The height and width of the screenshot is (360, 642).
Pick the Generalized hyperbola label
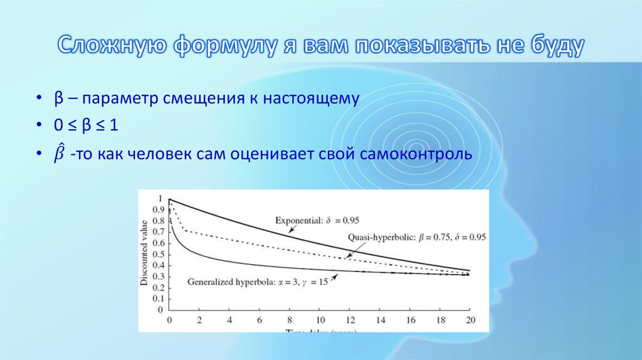[258, 282]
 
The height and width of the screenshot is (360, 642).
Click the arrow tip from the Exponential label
[289, 233]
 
